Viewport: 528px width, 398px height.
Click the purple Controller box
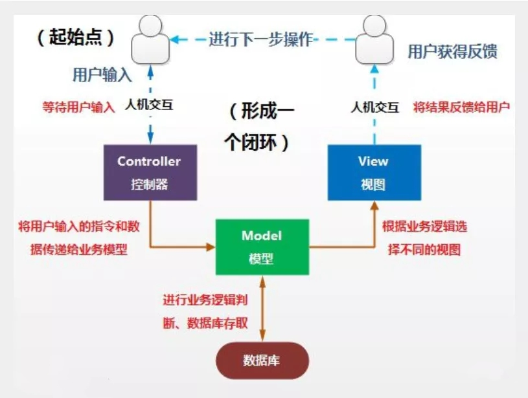click(x=150, y=172)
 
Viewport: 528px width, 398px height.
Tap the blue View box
click(x=374, y=172)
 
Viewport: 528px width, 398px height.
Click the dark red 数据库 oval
click(x=262, y=360)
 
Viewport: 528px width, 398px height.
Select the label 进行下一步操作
click(x=260, y=39)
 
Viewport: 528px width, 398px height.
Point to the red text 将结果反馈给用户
click(x=461, y=107)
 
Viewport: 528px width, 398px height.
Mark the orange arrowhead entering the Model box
click(x=210, y=247)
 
